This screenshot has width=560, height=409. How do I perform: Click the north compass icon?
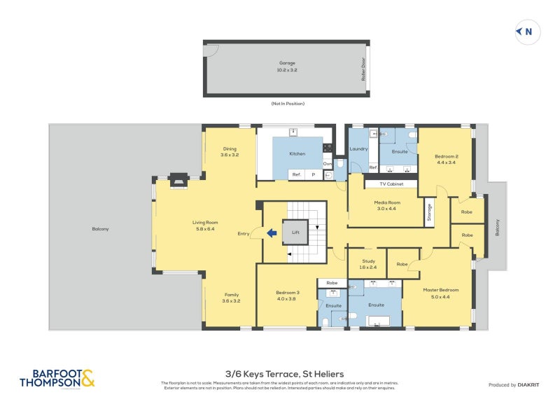524,32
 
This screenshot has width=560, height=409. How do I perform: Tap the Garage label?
287,63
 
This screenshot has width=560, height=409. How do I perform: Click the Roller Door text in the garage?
363,69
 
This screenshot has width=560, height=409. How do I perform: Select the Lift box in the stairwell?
295,232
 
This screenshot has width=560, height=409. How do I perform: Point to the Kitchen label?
297,153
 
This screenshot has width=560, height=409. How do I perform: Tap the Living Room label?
205,223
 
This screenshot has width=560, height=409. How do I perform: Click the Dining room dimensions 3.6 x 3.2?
230,155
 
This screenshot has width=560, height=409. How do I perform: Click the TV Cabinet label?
391,184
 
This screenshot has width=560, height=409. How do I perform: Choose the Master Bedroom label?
440,289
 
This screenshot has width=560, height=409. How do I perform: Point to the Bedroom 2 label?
446,156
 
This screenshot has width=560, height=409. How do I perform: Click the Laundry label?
358,149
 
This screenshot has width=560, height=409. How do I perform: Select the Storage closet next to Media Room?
428,212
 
